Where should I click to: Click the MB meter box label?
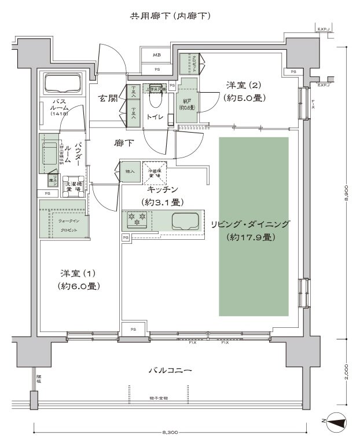(157, 56)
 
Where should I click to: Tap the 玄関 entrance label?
(108, 98)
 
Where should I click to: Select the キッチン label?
(162, 190)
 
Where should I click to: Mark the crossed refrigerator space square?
(155, 171)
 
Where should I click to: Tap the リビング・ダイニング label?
(250, 224)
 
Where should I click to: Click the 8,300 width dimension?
(171, 432)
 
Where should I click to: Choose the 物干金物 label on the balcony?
(157, 399)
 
